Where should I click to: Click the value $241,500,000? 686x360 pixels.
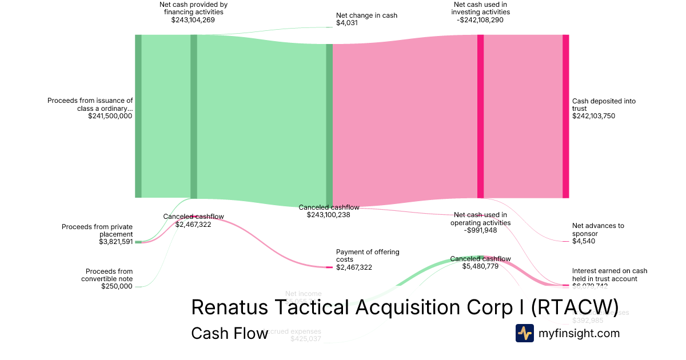pyautogui.click(x=110, y=116)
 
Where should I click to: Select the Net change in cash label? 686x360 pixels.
pyautogui.click(x=366, y=15)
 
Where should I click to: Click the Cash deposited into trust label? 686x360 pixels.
pyautogui.click(x=604, y=105)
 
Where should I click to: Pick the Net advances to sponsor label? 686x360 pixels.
pyautogui.click(x=598, y=230)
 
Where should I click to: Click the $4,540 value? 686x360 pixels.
pyautogui.click(x=584, y=242)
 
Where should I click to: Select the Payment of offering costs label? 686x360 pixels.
pyautogui.click(x=368, y=255)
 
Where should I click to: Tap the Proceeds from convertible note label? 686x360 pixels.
pyautogui.click(x=109, y=275)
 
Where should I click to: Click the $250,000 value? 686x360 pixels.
pyautogui.click(x=117, y=286)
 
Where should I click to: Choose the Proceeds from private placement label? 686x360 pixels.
pyautogui.click(x=97, y=230)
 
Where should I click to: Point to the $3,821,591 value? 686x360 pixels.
pyautogui.click(x=115, y=242)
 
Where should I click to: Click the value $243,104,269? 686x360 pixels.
pyautogui.click(x=193, y=20)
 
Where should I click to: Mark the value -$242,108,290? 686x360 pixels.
pyautogui.click(x=480, y=20)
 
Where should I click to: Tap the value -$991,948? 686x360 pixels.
pyautogui.click(x=480, y=230)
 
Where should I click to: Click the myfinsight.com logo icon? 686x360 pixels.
pyautogui.click(x=525, y=333)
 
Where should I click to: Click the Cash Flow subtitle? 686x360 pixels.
pyautogui.click(x=229, y=333)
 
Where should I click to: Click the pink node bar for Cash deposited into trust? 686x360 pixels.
pyautogui.click(x=565, y=116)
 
